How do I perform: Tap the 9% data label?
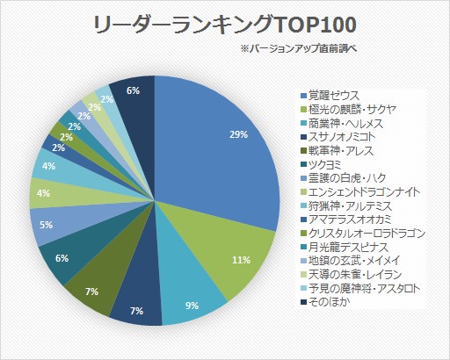point(192,306)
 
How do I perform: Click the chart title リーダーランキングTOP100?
point(225,25)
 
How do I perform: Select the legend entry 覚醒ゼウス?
point(330,96)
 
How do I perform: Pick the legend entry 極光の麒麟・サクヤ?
point(348,109)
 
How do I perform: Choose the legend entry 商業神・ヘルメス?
point(342,123)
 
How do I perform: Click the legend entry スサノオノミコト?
point(337,137)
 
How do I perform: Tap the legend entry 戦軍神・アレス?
point(337,151)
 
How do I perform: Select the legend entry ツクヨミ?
point(321,164)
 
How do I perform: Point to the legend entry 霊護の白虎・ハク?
point(344,178)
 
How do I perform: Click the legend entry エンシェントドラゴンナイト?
point(360,192)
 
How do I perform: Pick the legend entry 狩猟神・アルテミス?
point(346,205)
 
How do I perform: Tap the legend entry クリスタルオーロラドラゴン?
point(363,234)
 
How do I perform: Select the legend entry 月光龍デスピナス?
point(345,247)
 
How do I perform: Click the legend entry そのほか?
point(325,302)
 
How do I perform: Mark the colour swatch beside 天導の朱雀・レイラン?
point(303,275)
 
